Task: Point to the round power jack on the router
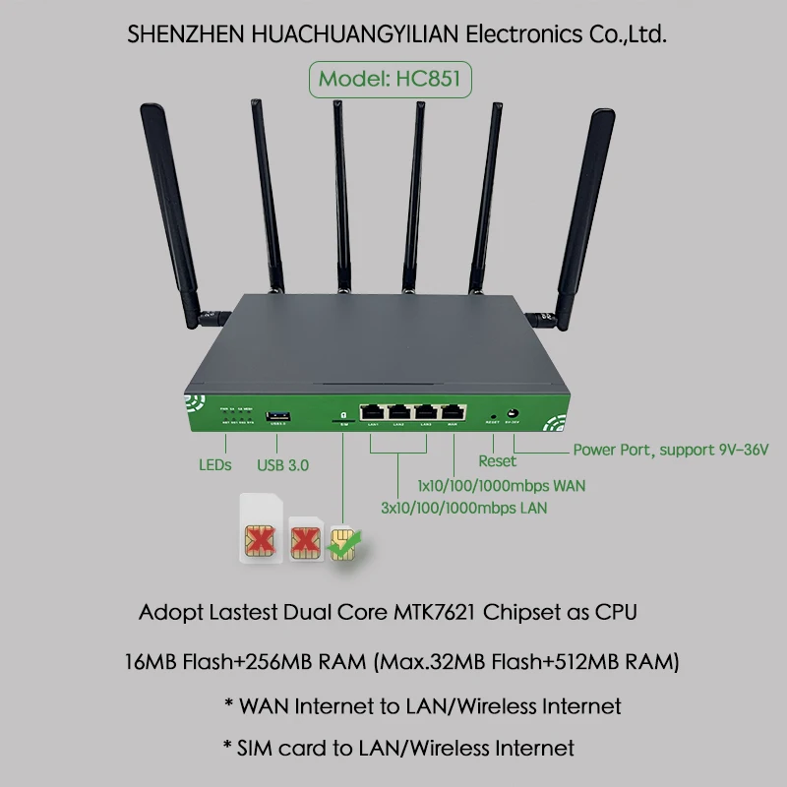tap(512, 414)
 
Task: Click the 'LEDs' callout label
tap(214, 464)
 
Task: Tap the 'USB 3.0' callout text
tap(282, 464)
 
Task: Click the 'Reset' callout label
tap(497, 461)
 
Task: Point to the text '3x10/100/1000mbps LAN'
tap(463, 509)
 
